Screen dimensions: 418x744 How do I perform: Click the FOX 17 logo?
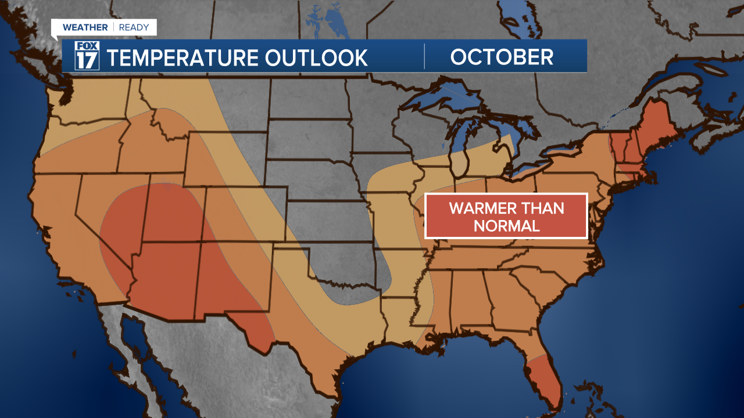click(x=87, y=56)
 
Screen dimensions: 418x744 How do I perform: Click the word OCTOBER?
click(x=502, y=57)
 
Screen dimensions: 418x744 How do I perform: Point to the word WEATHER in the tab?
click(x=85, y=27)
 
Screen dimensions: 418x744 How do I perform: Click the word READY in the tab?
click(x=134, y=27)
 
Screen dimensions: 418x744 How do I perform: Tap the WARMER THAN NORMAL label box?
click(x=506, y=216)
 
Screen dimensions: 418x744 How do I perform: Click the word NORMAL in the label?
click(x=506, y=226)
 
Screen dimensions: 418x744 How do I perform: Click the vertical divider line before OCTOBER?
click(x=424, y=56)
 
